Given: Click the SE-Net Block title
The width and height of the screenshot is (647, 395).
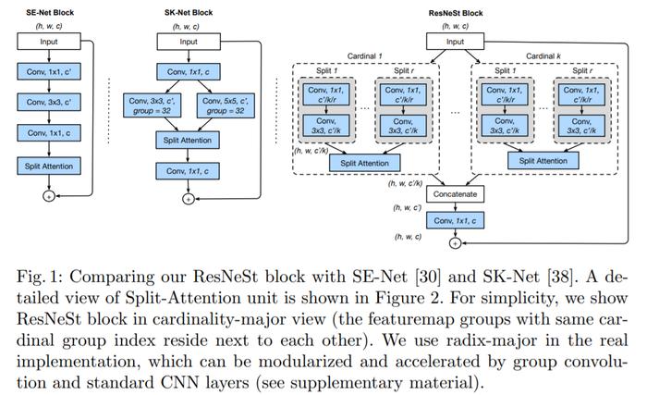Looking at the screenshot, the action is coord(50,12).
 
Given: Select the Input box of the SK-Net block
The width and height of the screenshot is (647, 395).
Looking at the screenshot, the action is coord(189,42).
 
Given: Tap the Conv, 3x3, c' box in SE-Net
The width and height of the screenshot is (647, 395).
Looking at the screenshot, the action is coord(49,102).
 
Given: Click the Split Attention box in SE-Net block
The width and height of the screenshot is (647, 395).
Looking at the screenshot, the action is coord(49,167).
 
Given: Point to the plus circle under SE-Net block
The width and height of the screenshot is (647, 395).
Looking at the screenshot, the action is coord(49,196).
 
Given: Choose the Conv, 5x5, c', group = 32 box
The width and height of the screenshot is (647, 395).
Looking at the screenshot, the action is coord(226,105).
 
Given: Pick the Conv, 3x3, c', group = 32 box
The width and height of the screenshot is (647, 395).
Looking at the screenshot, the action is coord(152,105).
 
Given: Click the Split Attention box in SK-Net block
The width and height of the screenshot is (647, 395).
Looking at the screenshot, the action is coord(188,140).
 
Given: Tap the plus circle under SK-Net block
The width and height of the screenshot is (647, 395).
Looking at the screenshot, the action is coord(189,199).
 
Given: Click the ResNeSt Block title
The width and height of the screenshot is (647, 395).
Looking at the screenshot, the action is coord(456,13).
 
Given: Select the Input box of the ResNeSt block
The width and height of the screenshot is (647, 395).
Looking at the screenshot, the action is coord(455,42).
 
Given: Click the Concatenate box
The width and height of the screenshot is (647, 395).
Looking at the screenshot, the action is coord(455,194).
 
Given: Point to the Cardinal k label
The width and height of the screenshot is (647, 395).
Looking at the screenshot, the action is coord(543,56).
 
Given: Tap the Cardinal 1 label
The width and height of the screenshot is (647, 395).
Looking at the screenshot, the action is coord(365,56).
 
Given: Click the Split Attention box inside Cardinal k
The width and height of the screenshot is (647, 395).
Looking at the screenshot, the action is coord(543,161).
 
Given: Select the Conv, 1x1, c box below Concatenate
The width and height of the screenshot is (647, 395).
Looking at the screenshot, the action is coord(455,221).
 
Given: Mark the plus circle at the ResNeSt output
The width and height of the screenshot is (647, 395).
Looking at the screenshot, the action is coord(455,243).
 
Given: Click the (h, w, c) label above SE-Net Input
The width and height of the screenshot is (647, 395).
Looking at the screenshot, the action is coord(49,26).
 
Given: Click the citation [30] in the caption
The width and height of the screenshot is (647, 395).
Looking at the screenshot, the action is coord(427,277).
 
